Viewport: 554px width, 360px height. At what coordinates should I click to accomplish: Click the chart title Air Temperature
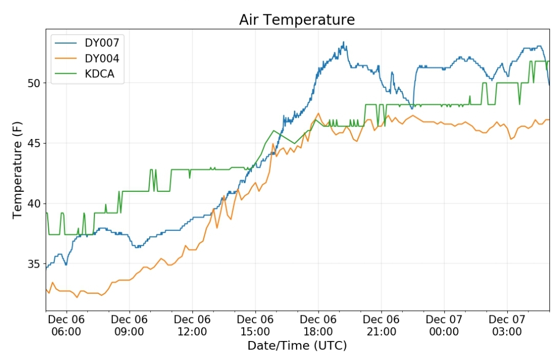(x=297, y=20)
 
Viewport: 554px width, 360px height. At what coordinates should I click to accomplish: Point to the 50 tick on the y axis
(x=34, y=84)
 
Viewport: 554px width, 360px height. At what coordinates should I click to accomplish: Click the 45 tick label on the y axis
(x=34, y=144)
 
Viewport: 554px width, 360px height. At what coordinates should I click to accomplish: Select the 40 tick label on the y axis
(x=34, y=204)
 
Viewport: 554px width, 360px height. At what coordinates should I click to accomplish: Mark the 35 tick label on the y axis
(x=34, y=264)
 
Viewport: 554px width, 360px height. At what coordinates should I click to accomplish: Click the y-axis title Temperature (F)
(x=17, y=170)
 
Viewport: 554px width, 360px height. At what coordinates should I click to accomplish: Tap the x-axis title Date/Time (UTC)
(x=297, y=345)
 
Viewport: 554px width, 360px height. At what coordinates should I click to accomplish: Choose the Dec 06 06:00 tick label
(x=66, y=325)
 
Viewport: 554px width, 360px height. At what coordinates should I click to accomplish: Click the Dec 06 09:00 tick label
(x=129, y=325)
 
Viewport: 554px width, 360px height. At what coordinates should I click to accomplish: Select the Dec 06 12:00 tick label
(x=192, y=325)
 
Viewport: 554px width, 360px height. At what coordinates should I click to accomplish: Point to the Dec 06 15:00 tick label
(x=255, y=325)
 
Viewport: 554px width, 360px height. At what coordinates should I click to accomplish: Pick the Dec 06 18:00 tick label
(x=318, y=325)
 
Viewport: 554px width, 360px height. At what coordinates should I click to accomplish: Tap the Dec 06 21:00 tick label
(x=381, y=325)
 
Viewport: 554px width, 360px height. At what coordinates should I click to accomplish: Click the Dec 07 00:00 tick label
(x=444, y=325)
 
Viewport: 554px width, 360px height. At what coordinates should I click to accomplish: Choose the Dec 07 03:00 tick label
(x=507, y=325)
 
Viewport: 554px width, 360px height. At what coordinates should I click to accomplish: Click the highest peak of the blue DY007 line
(x=343, y=42)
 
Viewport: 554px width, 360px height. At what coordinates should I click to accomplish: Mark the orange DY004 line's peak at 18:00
(x=319, y=113)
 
